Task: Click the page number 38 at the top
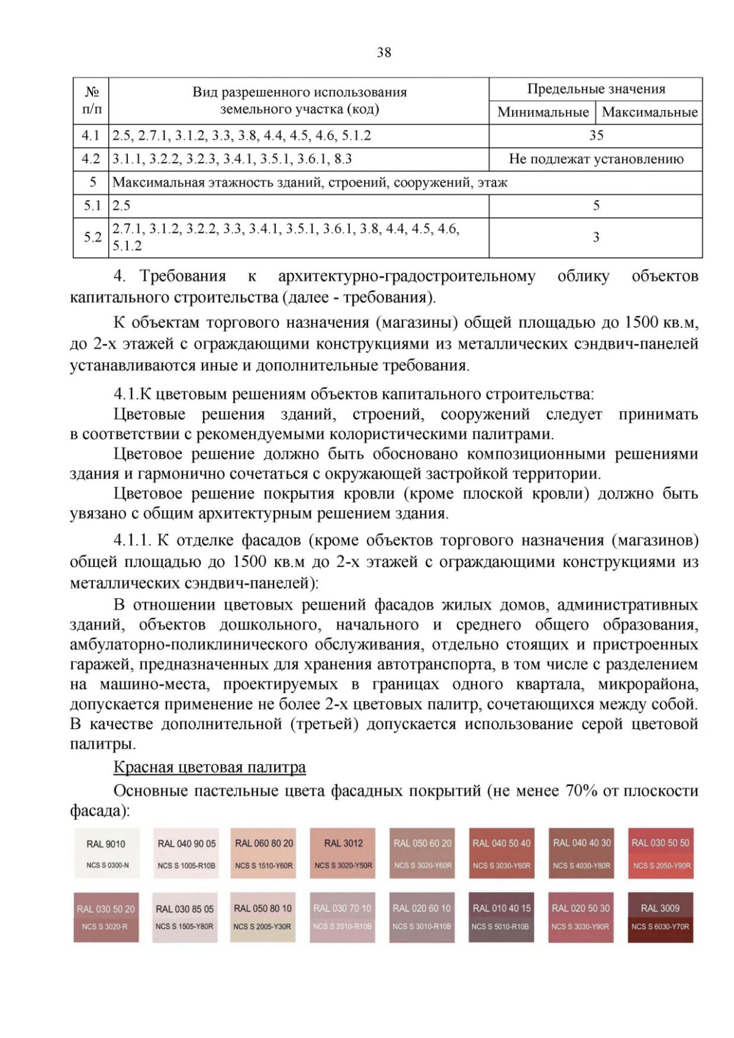[384, 53]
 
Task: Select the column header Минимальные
[543, 113]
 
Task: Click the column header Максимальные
[650, 113]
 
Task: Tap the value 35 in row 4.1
[596, 136]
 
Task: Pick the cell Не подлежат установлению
[596, 160]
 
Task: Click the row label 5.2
[92, 237]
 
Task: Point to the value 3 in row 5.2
[596, 237]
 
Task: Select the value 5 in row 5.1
[596, 206]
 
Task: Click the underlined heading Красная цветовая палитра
[210, 767]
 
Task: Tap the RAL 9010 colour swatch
[106, 853]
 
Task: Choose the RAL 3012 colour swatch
[343, 853]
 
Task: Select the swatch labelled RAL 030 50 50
[660, 853]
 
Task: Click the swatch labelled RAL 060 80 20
[264, 853]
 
